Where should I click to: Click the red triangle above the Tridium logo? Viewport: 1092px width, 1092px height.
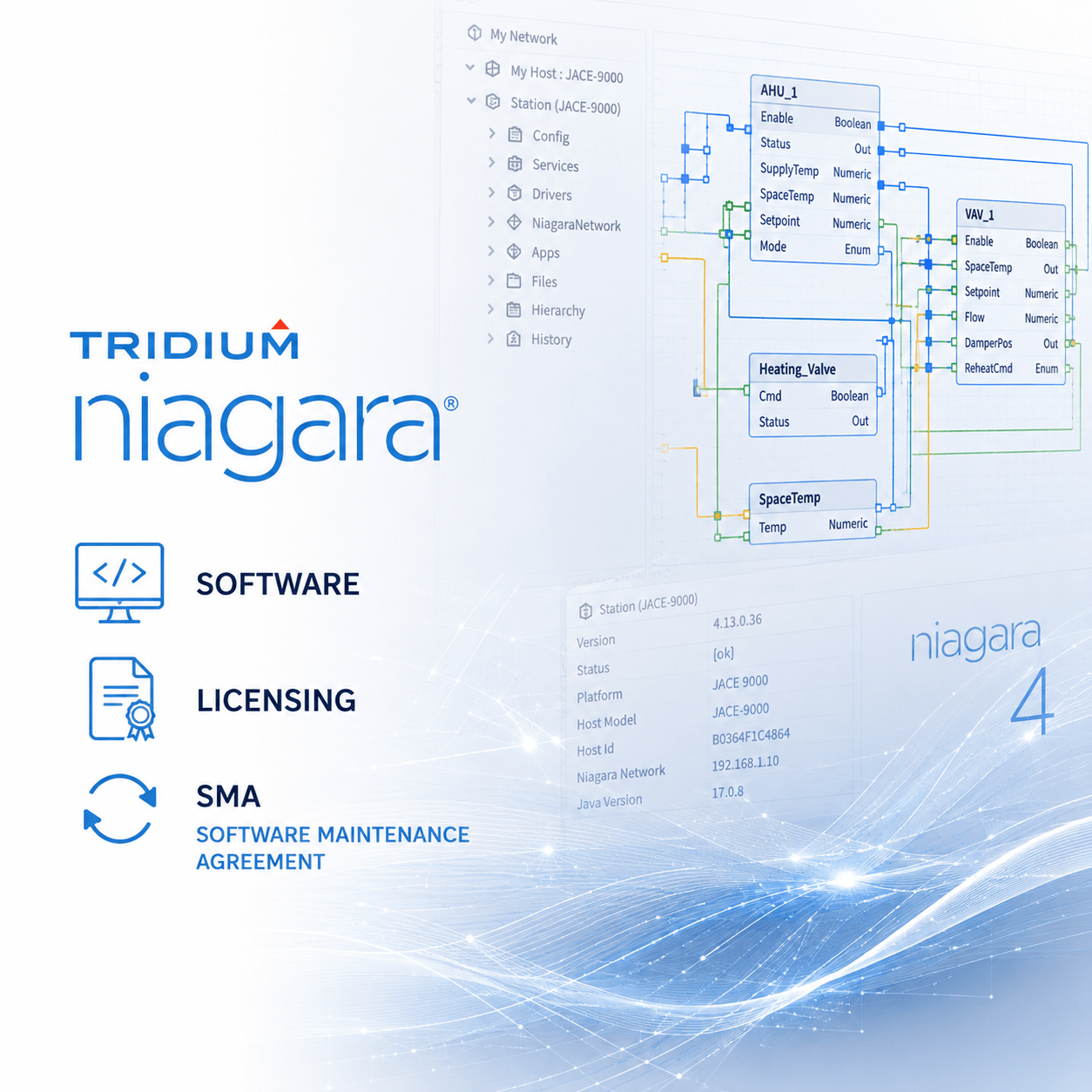click(x=280, y=325)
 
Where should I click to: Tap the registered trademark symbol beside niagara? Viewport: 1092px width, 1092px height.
click(x=451, y=403)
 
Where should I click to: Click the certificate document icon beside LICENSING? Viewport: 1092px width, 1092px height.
click(x=121, y=698)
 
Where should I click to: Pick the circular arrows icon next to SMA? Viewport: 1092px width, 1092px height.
click(x=119, y=809)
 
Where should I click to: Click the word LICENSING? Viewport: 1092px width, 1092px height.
click(x=277, y=700)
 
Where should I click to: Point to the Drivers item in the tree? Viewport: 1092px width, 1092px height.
click(x=551, y=195)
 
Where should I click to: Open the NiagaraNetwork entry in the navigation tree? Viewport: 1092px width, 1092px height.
click(x=576, y=225)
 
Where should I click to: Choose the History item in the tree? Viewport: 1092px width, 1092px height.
click(x=551, y=340)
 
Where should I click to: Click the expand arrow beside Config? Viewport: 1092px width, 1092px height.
click(x=492, y=133)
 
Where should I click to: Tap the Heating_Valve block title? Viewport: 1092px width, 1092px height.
click(x=798, y=369)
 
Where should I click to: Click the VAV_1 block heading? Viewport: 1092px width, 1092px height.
click(x=980, y=215)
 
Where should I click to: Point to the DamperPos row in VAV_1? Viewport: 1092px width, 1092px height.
click(x=988, y=343)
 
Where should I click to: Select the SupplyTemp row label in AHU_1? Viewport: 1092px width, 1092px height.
click(x=789, y=170)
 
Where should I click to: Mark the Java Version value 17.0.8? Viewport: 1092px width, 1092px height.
click(x=728, y=792)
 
